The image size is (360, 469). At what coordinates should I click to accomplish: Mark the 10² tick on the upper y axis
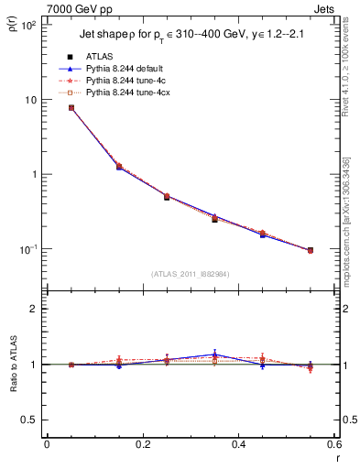point(29,25)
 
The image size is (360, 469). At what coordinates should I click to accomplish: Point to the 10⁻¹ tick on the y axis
point(29,249)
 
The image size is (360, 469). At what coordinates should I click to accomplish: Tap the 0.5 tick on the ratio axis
point(32,420)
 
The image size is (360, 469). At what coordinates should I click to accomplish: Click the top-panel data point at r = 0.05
point(71,108)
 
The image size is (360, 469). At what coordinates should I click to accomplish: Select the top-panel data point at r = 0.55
point(311,250)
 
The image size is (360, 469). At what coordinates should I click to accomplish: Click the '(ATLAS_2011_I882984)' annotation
point(190,274)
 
